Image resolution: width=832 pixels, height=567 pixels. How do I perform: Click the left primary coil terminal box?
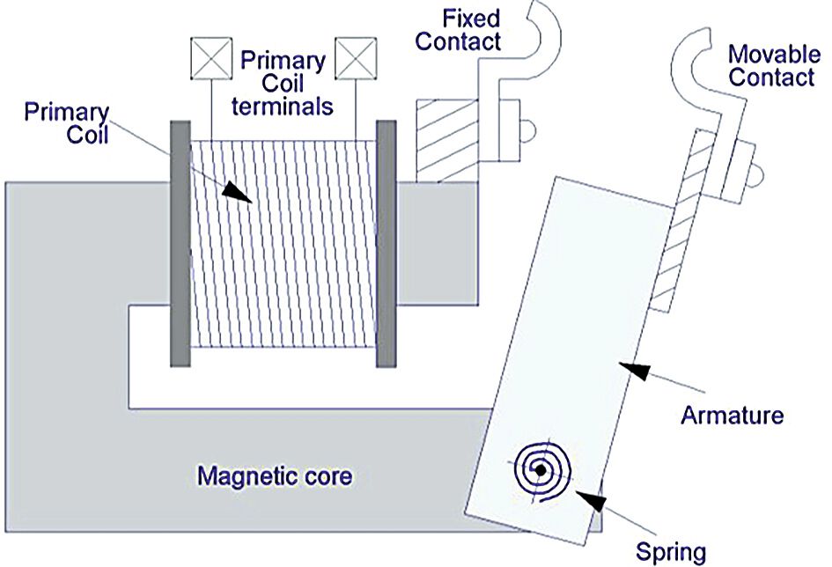click(210, 58)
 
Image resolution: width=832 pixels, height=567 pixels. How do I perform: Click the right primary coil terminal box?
click(356, 58)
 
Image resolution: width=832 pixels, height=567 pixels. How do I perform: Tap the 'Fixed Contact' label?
click(458, 29)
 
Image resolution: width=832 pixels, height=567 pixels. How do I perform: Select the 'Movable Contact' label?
click(771, 66)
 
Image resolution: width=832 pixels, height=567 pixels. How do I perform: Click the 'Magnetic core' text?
click(275, 477)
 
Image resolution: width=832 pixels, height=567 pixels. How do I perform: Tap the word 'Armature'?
click(732, 414)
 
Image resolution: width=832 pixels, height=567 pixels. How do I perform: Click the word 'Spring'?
click(672, 552)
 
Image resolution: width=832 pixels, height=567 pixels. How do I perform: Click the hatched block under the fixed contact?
click(446, 141)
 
